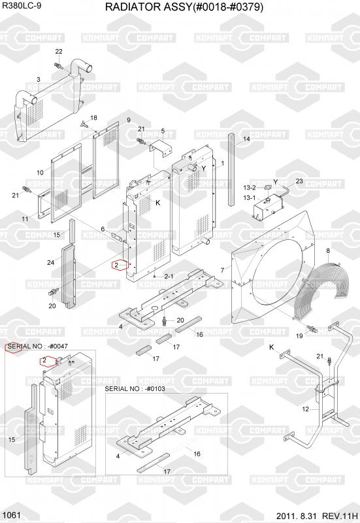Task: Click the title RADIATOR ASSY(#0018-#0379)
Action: [184, 7]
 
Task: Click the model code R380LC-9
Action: [22, 6]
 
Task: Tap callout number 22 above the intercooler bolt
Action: [59, 52]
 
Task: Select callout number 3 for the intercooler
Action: [39, 79]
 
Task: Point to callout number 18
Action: [93, 118]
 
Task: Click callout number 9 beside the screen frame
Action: [128, 120]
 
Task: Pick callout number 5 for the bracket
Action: [163, 131]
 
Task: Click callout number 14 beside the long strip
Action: [246, 139]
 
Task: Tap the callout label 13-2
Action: [250, 188]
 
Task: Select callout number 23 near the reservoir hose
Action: [299, 181]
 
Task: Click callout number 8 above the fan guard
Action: [328, 250]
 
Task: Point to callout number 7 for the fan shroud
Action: [223, 271]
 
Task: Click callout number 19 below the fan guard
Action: [299, 335]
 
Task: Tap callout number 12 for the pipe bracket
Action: [305, 409]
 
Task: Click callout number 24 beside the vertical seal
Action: [50, 263]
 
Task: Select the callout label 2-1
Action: [169, 276]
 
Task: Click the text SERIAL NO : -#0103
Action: [135, 388]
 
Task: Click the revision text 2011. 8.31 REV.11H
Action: [317, 516]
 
